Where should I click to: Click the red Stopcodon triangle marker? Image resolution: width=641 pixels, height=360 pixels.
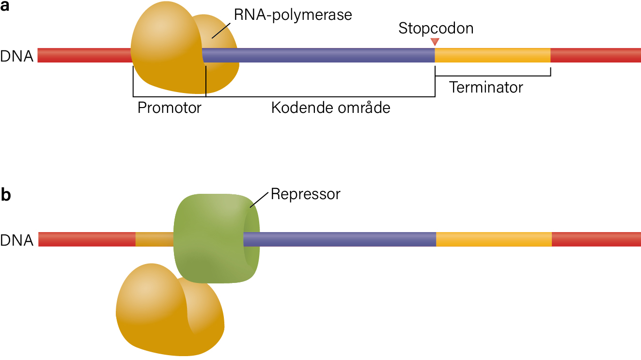(x=435, y=42)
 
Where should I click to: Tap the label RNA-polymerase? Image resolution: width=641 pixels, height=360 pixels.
(x=293, y=15)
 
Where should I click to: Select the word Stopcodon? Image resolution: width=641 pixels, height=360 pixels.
(x=436, y=28)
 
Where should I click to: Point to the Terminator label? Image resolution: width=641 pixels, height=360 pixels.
(x=486, y=87)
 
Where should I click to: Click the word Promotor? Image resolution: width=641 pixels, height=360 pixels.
(x=170, y=108)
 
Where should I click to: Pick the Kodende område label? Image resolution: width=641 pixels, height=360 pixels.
(x=330, y=107)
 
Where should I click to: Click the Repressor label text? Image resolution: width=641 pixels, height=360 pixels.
(x=305, y=194)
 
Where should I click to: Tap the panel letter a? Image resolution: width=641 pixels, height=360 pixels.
(x=4, y=6)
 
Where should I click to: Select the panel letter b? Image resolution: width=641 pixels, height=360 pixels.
(x=6, y=195)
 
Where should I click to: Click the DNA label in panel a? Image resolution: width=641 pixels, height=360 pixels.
(x=16, y=56)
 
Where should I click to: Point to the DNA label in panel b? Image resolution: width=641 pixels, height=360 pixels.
(x=16, y=240)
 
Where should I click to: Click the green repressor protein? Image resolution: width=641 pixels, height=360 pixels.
(x=217, y=239)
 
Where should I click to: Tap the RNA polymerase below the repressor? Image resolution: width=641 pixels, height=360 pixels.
(x=170, y=310)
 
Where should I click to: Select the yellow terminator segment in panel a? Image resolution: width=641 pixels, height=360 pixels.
(x=492, y=55)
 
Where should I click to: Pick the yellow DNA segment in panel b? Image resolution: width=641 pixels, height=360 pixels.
(x=494, y=239)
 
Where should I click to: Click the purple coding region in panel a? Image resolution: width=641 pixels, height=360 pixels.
(x=318, y=55)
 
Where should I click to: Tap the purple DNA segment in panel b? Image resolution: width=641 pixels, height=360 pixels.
(x=340, y=239)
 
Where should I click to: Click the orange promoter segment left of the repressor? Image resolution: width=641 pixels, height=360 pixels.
(x=155, y=239)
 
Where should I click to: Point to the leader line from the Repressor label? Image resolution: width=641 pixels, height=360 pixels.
(x=259, y=200)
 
